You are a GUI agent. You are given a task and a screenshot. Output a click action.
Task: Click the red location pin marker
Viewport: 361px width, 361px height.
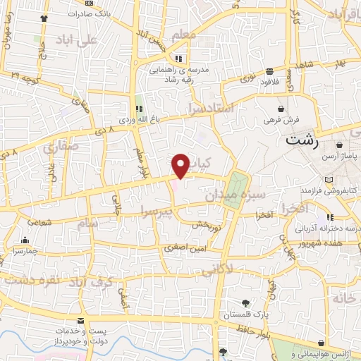pyautogui.click(x=181, y=165)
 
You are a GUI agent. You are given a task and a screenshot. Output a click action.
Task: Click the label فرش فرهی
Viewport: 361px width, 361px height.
pyautogui.click(x=283, y=121)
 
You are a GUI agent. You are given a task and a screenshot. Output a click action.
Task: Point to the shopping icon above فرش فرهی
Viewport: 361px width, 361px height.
pyautogui.click(x=282, y=109)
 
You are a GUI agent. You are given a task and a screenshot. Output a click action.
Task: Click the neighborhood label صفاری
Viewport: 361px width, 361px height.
pyautogui.click(x=59, y=149)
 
